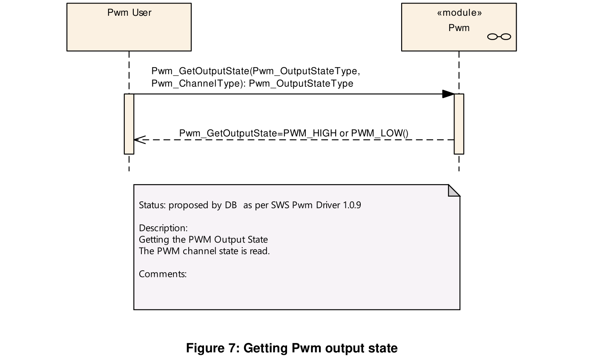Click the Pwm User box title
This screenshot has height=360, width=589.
[129, 13]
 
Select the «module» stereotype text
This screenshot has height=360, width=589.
[460, 13]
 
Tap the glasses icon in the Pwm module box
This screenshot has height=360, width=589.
[499, 37]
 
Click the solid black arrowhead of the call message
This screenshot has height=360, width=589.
[448, 94]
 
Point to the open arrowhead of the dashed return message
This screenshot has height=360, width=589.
[140, 140]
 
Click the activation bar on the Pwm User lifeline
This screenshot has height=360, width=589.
[129, 124]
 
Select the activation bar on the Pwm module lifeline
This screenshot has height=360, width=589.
[459, 124]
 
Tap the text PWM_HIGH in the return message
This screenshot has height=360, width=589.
[310, 133]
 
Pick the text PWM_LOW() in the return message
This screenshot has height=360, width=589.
[380, 133]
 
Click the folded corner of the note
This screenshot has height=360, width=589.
[454, 191]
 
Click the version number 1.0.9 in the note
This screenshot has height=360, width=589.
[352, 205]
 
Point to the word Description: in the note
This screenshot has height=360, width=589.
[163, 228]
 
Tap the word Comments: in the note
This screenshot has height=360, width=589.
[163, 274]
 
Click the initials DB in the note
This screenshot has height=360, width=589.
[231, 205]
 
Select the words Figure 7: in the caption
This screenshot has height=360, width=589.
[213, 348]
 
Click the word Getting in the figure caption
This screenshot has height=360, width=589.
[266, 349]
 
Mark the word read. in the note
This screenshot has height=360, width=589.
[260, 251]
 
